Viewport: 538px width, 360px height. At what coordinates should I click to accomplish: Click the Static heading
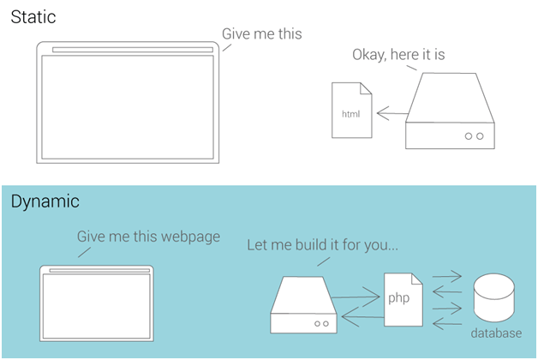(x=33, y=17)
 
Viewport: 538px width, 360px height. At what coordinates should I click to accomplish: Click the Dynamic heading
(x=45, y=201)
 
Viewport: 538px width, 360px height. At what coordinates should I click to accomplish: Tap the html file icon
(x=352, y=111)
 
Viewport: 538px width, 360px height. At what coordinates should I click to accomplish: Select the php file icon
(x=403, y=300)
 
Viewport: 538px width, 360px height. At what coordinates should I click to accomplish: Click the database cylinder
(x=494, y=297)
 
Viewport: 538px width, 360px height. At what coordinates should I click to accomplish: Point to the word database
(x=496, y=333)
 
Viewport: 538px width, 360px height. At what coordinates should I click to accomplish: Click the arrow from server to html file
(x=392, y=113)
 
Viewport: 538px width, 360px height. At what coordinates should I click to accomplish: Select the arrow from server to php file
(x=356, y=297)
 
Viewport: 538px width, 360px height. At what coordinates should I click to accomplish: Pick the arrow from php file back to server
(x=362, y=316)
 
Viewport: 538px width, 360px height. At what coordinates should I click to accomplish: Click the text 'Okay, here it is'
(x=398, y=55)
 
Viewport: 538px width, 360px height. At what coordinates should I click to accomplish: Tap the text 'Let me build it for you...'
(x=322, y=245)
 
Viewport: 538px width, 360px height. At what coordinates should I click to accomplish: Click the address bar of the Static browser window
(x=133, y=50)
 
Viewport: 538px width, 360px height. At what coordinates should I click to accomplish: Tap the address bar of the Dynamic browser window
(x=99, y=271)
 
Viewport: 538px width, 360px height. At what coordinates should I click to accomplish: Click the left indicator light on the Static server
(x=469, y=136)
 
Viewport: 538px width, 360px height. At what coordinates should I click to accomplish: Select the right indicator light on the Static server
(x=480, y=136)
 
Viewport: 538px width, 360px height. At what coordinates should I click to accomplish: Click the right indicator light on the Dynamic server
(x=326, y=324)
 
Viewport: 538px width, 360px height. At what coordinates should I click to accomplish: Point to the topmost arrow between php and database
(x=447, y=276)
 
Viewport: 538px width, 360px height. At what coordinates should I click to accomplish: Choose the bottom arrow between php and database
(x=447, y=324)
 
